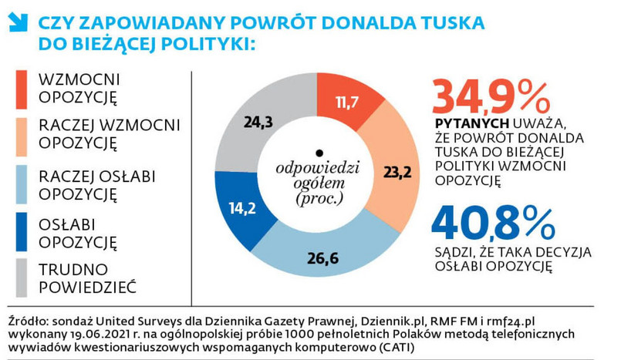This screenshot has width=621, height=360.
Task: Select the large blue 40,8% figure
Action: [x=494, y=221]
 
